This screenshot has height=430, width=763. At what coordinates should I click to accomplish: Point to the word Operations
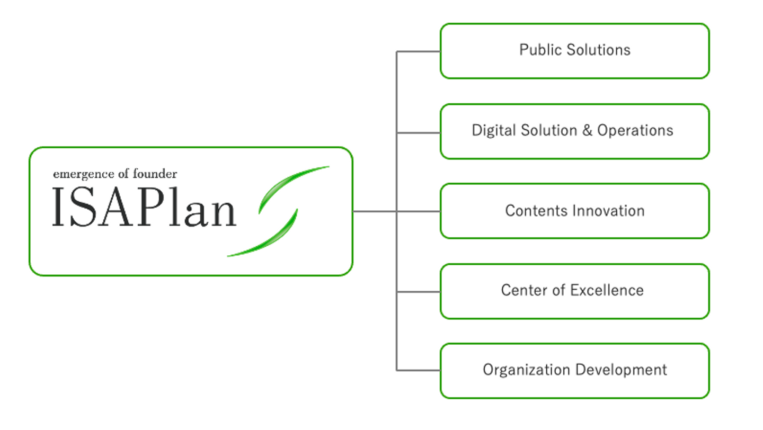click(x=635, y=131)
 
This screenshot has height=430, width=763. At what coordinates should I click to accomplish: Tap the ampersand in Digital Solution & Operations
click(x=587, y=131)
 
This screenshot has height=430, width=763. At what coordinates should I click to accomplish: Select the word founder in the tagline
click(x=156, y=174)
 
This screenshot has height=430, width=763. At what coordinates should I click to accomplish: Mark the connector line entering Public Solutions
click(x=419, y=52)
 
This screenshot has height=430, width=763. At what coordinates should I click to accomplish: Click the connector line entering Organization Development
click(x=419, y=370)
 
